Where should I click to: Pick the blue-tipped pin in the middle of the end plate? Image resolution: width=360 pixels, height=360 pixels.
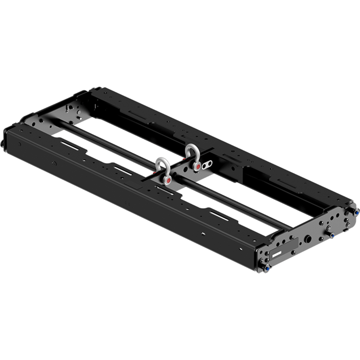[332, 234]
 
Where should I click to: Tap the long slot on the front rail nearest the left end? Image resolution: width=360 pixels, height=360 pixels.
[69, 144]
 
